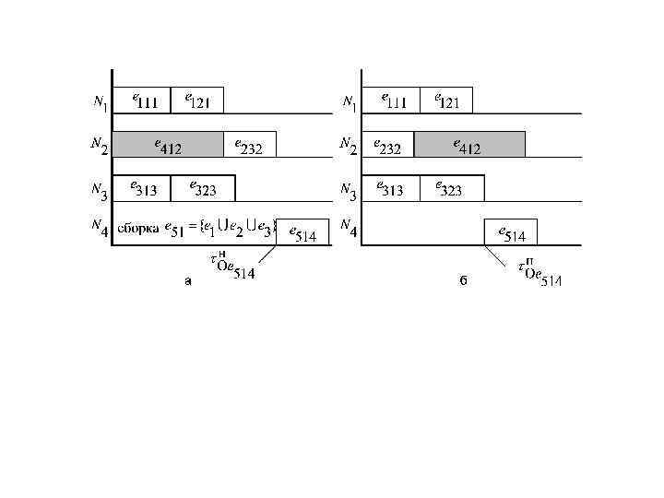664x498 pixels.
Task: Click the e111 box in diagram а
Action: click(x=141, y=100)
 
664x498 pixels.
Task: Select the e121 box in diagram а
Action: click(x=196, y=100)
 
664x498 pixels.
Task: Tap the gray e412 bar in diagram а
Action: click(x=168, y=144)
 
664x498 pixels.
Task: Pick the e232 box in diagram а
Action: click(x=249, y=144)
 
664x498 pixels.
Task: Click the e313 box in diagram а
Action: click(x=141, y=188)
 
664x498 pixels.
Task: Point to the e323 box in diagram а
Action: click(x=203, y=188)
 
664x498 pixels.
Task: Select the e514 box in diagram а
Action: click(x=302, y=233)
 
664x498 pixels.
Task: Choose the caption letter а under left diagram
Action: click(x=188, y=282)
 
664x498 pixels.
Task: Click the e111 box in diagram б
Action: click(x=390, y=100)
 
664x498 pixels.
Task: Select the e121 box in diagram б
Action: click(x=445, y=100)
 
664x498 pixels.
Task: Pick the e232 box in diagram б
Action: click(x=388, y=144)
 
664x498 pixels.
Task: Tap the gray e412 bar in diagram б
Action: click(x=469, y=144)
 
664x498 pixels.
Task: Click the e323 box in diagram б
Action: click(x=451, y=188)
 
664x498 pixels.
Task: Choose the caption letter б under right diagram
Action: click(x=463, y=282)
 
